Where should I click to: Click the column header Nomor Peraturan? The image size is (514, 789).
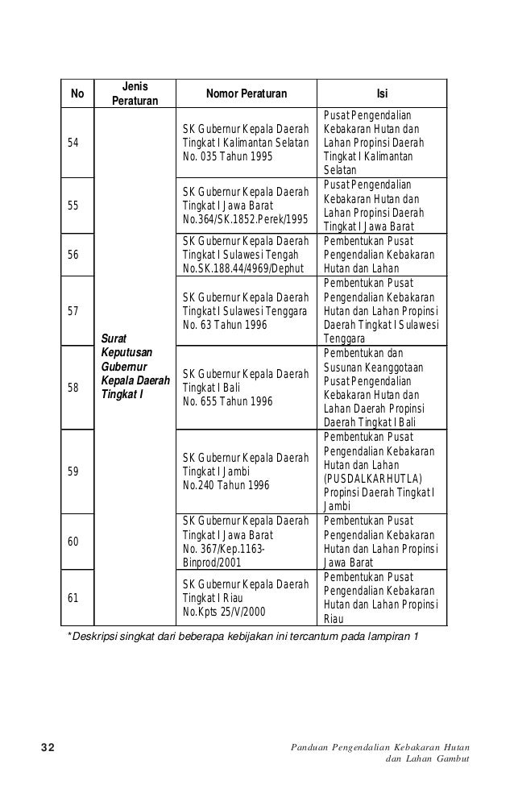click(247, 93)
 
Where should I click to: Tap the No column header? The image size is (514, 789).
click(78, 93)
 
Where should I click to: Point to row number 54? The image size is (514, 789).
click(74, 143)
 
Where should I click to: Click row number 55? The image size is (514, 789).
click(74, 206)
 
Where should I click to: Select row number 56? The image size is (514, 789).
click(74, 255)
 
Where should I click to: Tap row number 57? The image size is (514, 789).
click(74, 310)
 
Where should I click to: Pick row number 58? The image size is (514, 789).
click(74, 388)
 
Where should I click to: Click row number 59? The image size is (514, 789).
click(74, 472)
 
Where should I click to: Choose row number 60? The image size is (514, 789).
click(74, 542)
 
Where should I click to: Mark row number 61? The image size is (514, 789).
click(74, 598)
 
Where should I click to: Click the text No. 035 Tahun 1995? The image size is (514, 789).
click(227, 156)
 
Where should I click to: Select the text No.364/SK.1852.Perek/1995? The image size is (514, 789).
click(246, 218)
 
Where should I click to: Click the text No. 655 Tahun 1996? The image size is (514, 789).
click(228, 401)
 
